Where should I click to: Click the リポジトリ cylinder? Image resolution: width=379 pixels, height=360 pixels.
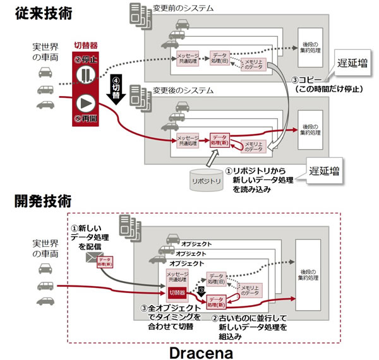pyautogui.click(x=207, y=179)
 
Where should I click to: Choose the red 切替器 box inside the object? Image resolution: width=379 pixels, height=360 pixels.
pyautogui.click(x=177, y=292)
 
